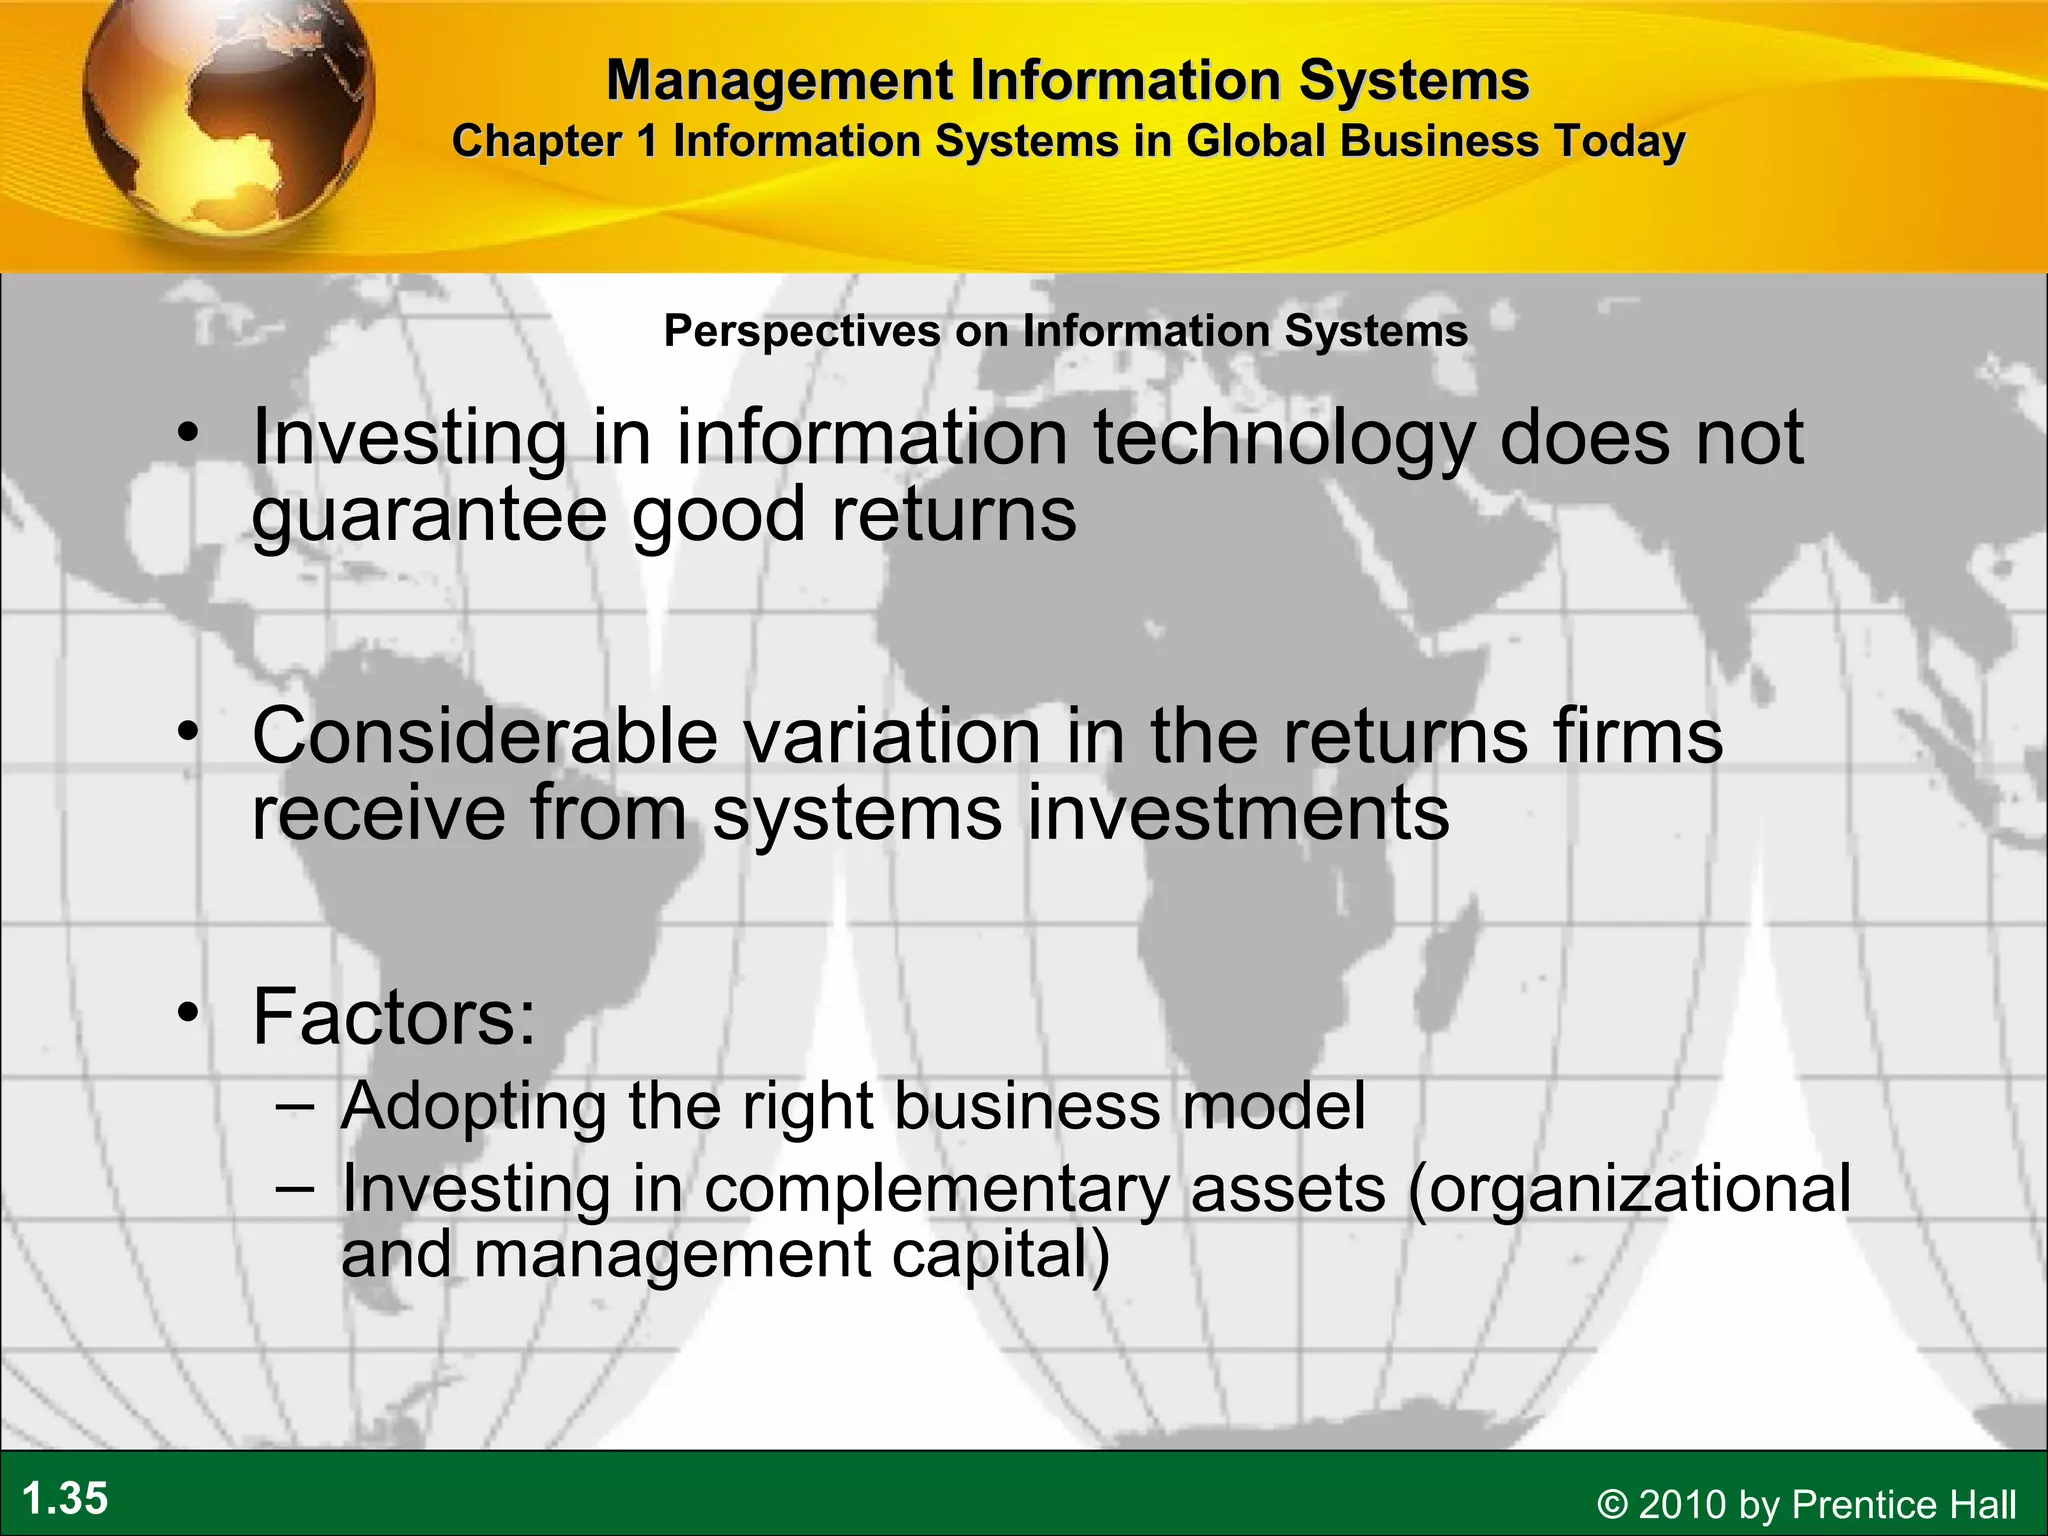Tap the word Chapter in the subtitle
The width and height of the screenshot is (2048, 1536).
[x=537, y=141]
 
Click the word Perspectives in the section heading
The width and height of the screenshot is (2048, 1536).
[x=802, y=331]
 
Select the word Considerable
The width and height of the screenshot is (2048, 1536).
[x=484, y=736]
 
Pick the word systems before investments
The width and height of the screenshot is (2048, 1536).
[x=856, y=813]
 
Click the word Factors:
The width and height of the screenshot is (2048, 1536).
[x=394, y=1016]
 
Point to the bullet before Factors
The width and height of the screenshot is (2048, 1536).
[x=187, y=1014]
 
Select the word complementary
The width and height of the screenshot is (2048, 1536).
[x=937, y=1189]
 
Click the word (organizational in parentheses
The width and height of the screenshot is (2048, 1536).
[x=1629, y=1189]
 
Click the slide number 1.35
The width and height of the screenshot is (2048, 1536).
[x=65, y=1499]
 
